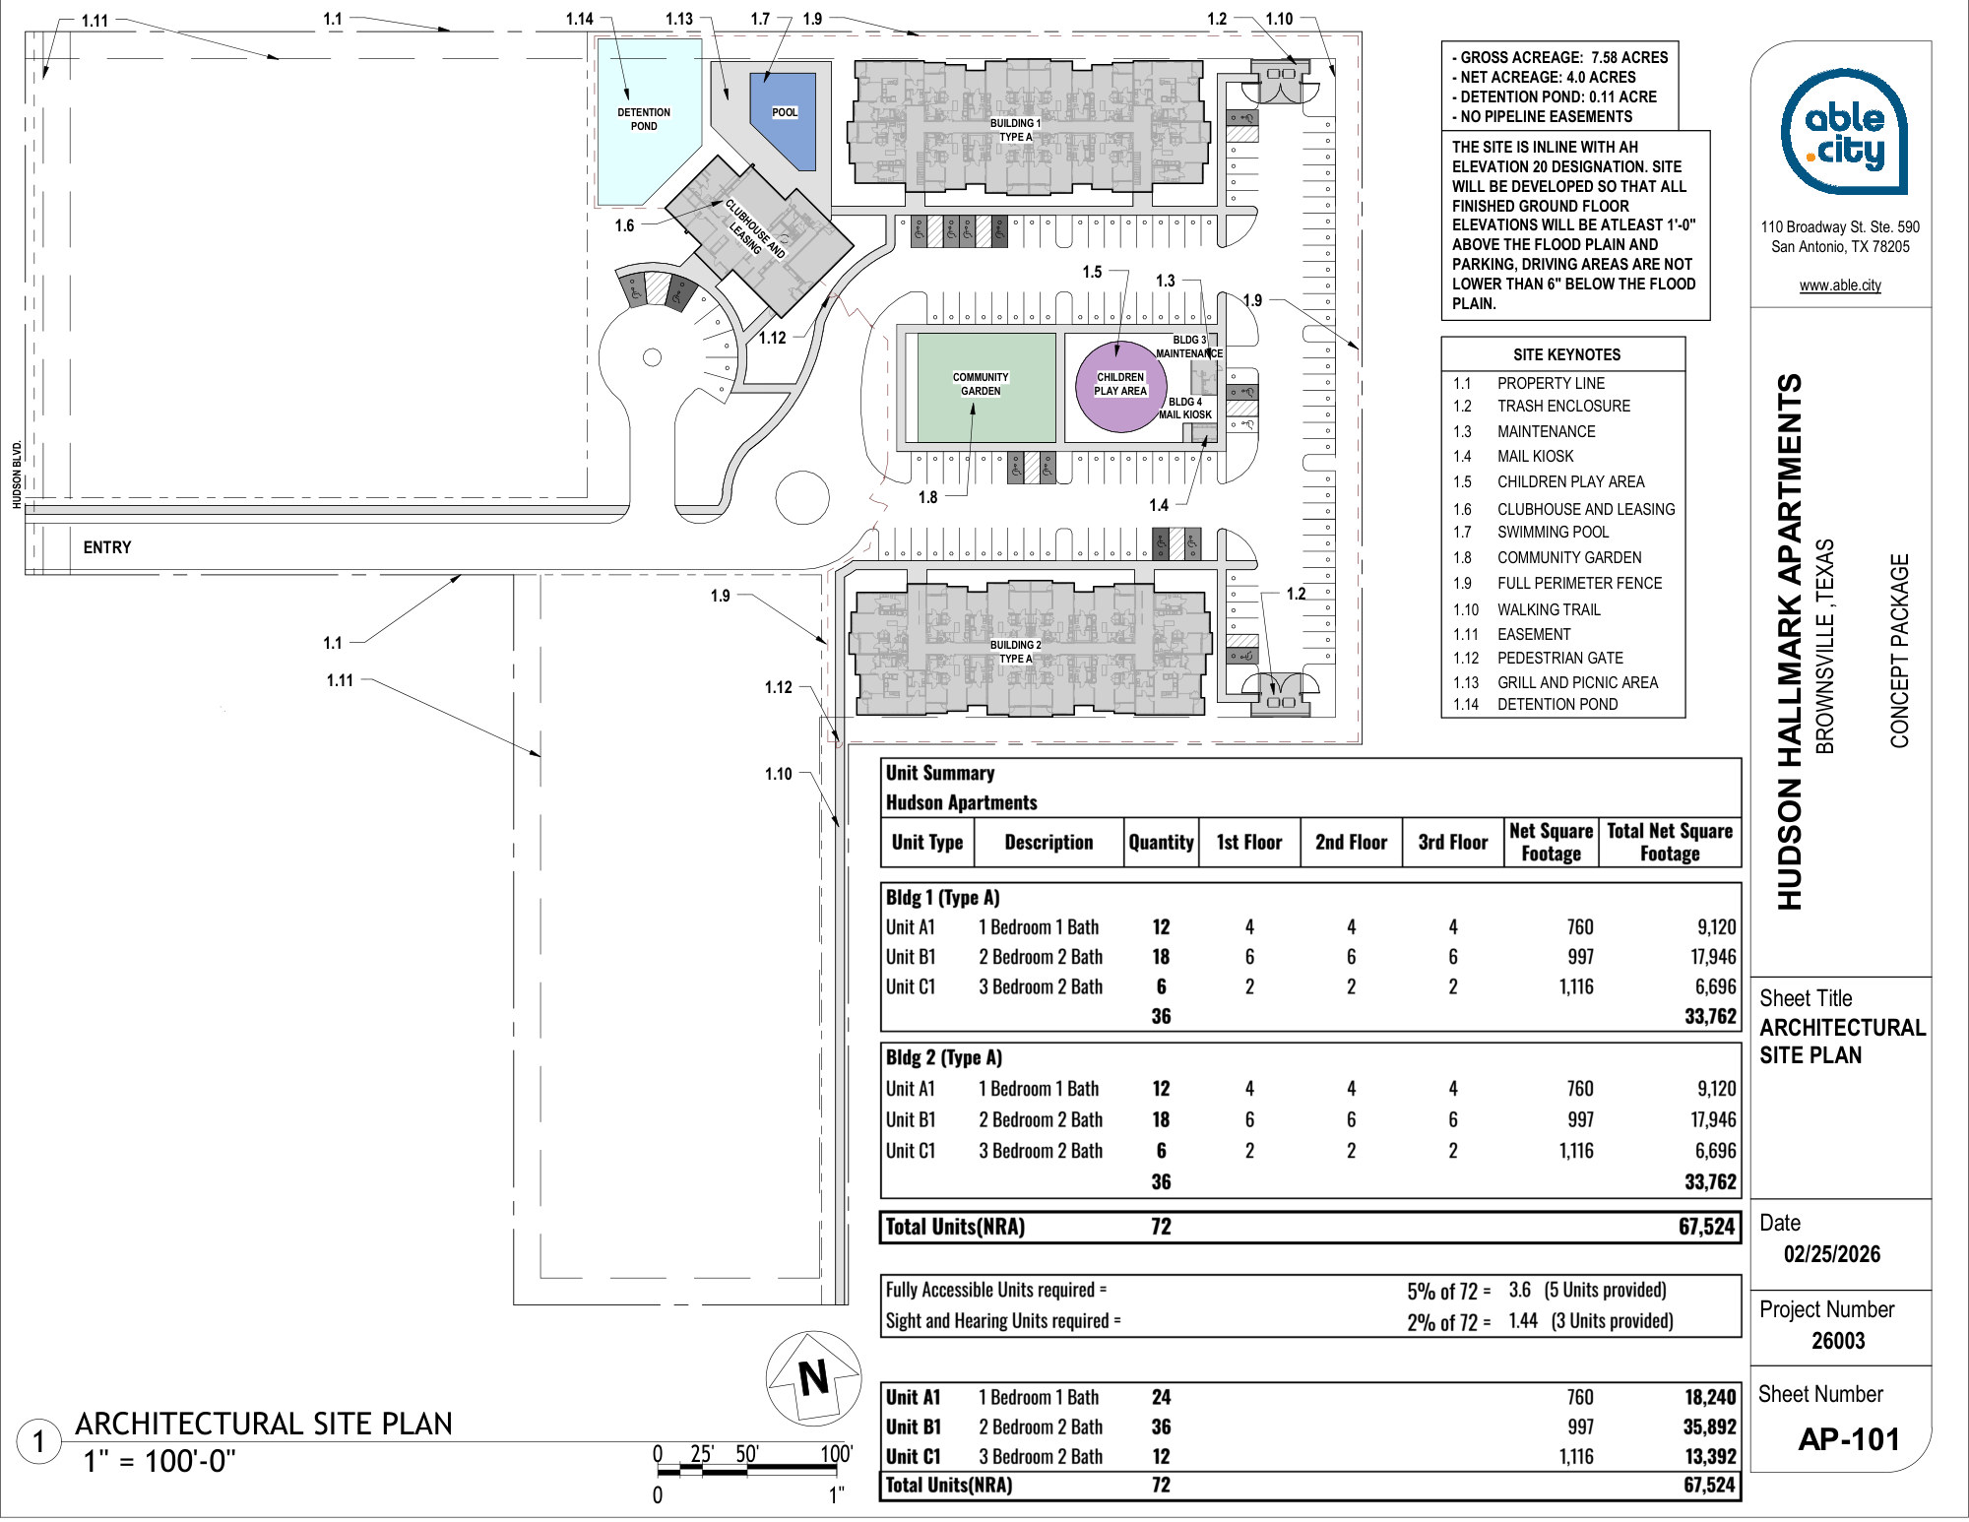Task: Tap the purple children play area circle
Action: click(1120, 385)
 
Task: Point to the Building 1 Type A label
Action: click(1015, 130)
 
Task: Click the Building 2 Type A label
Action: click(1015, 652)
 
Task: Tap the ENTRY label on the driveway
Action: click(107, 547)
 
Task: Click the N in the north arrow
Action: click(814, 1378)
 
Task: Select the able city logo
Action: click(1844, 132)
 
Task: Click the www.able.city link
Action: click(1840, 285)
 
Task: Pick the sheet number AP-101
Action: click(1849, 1439)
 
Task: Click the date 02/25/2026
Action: click(1832, 1254)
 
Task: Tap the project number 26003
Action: click(1838, 1341)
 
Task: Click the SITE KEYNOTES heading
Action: click(1566, 354)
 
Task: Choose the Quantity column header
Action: click(1161, 842)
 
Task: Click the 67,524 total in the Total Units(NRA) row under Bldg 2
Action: click(1706, 1227)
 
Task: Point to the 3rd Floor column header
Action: click(1452, 842)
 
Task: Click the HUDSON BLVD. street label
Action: click(17, 476)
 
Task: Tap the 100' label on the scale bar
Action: click(836, 1453)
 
